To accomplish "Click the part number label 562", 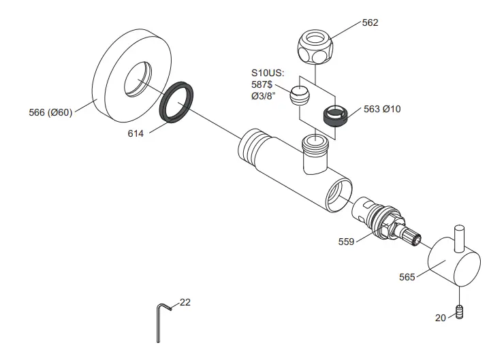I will (x=370, y=22).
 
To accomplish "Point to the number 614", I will (x=136, y=134).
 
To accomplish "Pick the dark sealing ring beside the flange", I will (x=178, y=103).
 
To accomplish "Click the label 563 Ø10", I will (x=382, y=109).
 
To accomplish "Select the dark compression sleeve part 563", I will (x=335, y=116).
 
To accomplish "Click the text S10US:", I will (x=268, y=71).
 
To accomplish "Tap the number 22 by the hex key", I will (x=185, y=302).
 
